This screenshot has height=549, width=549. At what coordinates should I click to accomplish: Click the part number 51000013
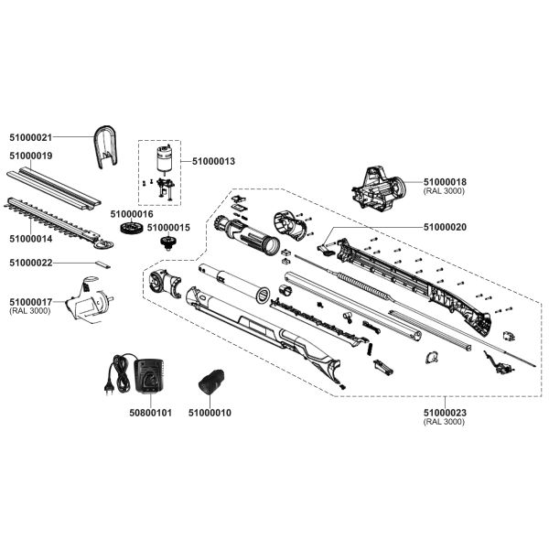(x=213, y=161)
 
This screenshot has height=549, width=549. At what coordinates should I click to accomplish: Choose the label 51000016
(x=130, y=213)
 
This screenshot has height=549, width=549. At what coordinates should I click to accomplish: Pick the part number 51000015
(x=168, y=227)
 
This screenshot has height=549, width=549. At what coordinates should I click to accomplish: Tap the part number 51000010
(x=210, y=413)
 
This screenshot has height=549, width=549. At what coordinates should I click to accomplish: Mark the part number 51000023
(x=445, y=413)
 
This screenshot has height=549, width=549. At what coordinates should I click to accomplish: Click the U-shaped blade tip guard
(x=106, y=147)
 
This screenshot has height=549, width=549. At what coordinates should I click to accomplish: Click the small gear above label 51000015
(x=167, y=242)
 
